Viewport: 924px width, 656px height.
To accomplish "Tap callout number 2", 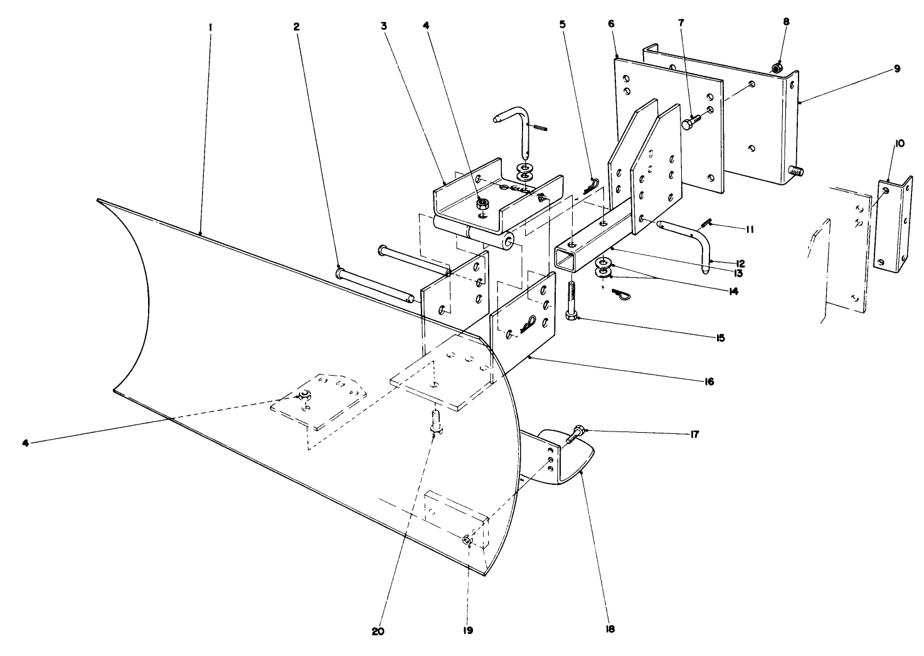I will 296,26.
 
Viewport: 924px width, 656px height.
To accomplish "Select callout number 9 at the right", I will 897,69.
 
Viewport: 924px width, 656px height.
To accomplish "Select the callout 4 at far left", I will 26,443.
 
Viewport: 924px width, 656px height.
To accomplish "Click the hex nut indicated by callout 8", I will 777,68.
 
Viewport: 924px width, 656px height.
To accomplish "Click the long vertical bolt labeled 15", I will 572,301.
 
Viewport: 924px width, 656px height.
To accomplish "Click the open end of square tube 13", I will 567,259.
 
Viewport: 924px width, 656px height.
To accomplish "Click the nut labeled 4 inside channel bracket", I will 483,203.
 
